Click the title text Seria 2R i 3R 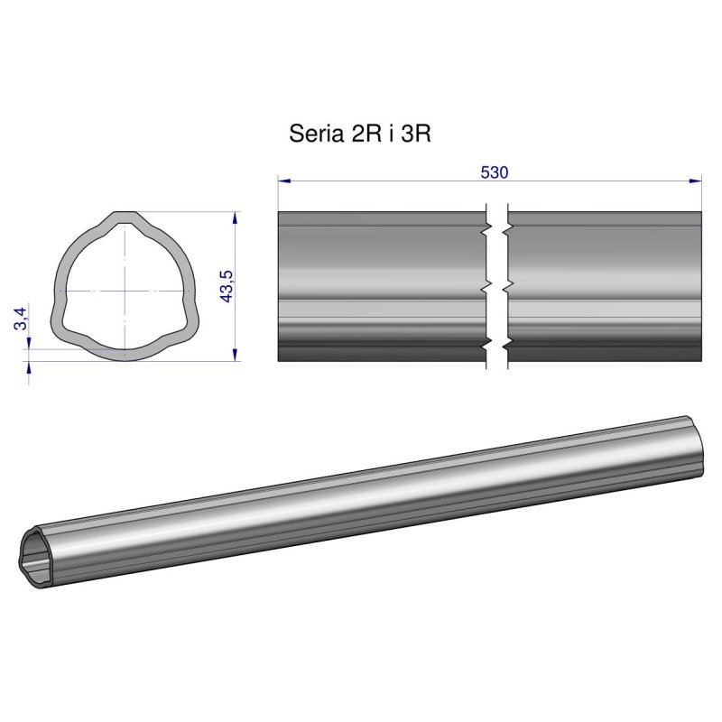point(360,134)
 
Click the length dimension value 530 point(494,171)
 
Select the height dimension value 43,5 point(227,286)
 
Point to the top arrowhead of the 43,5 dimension point(236,218)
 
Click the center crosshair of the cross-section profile point(124,290)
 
